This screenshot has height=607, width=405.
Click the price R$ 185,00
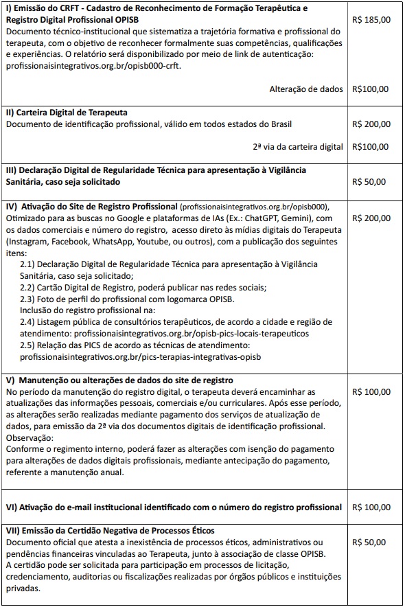[371, 20]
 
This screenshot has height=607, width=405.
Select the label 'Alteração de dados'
[307, 89]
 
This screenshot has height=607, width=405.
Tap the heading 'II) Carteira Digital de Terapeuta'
[67, 112]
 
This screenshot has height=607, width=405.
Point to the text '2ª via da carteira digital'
[297, 146]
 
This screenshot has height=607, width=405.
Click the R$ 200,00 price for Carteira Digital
[371, 124]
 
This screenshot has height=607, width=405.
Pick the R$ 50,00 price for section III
[369, 182]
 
